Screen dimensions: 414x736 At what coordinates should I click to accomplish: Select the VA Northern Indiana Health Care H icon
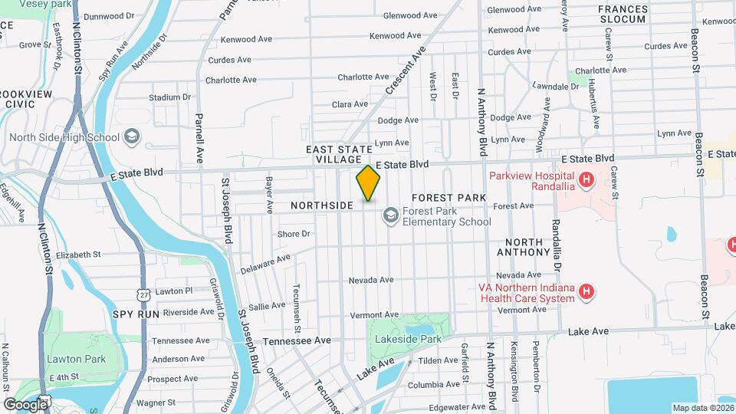pos(586,291)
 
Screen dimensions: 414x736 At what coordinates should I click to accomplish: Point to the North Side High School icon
pos(132,137)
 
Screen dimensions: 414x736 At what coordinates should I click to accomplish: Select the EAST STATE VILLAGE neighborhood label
pos(339,154)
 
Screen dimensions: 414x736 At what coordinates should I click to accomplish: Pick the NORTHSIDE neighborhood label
pos(322,205)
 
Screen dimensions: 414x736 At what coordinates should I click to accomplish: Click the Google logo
pos(25,404)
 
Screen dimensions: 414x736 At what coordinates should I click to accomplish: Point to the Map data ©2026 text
pos(702,408)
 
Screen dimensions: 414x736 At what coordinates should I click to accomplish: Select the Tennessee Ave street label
pos(297,340)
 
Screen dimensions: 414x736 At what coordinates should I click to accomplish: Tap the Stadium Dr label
pos(169,97)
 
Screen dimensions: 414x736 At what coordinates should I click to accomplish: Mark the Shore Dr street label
pos(294,234)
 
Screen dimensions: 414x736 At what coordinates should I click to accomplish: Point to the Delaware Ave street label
pos(265,264)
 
